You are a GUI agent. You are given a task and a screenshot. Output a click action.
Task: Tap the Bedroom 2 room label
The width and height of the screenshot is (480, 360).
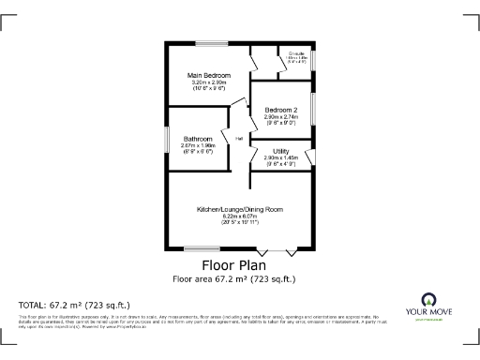281,109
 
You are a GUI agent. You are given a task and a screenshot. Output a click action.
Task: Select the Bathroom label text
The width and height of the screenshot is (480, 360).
198,138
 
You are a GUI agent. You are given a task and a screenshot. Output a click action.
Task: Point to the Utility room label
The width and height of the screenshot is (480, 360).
281,150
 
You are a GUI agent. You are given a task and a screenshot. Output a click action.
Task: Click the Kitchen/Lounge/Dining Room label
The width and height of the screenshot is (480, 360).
239,208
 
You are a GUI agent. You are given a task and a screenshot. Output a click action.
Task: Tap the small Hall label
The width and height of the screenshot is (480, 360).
239,139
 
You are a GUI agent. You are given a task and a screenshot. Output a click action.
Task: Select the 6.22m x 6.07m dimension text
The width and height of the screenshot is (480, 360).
239,216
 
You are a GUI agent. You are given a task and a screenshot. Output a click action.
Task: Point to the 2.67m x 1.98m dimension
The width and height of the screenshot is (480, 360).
198,145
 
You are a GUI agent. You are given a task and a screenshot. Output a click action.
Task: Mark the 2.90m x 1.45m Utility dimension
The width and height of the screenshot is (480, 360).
281,157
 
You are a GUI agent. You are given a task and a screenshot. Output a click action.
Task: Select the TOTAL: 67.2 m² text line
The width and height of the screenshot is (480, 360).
75,305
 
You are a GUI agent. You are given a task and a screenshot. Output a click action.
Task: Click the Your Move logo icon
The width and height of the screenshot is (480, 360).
430,301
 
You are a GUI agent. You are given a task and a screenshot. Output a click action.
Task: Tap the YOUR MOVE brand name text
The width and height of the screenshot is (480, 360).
430,313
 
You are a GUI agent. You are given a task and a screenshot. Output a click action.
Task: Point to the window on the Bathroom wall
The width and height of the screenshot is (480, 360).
168,139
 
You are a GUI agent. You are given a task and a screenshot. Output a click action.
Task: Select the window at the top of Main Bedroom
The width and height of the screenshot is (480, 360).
211,43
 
